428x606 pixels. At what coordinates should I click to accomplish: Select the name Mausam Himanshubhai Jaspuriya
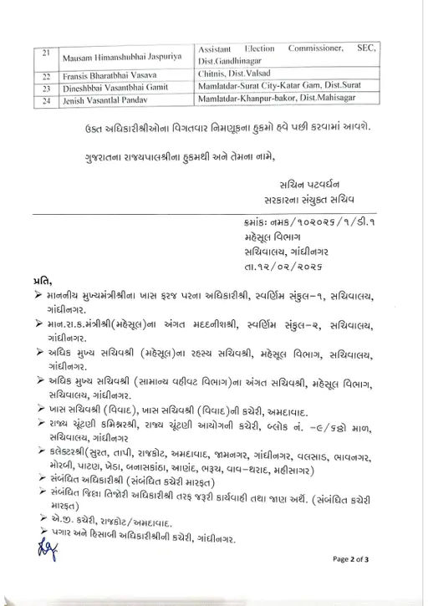(x=124, y=60)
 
